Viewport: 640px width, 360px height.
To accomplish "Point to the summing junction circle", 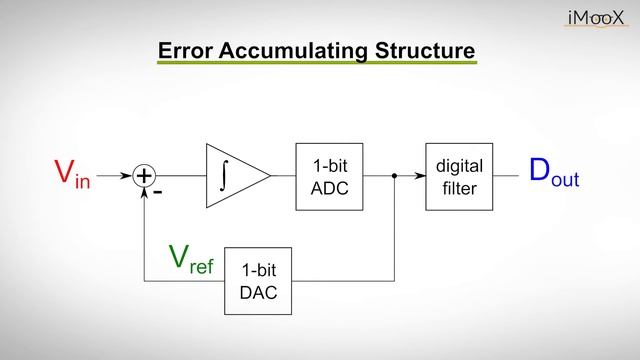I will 145,176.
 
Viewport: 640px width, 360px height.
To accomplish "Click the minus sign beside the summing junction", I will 158,189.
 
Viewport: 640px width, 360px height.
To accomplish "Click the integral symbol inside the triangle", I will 227,176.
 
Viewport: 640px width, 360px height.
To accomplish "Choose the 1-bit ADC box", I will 328,176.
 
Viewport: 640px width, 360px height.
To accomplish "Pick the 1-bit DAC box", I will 258,281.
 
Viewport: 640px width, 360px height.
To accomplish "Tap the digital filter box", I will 459,176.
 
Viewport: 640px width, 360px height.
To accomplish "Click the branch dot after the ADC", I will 395,176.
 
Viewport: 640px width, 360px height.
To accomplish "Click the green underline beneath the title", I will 316,65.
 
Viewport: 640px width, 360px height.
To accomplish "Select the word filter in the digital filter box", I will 459,187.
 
